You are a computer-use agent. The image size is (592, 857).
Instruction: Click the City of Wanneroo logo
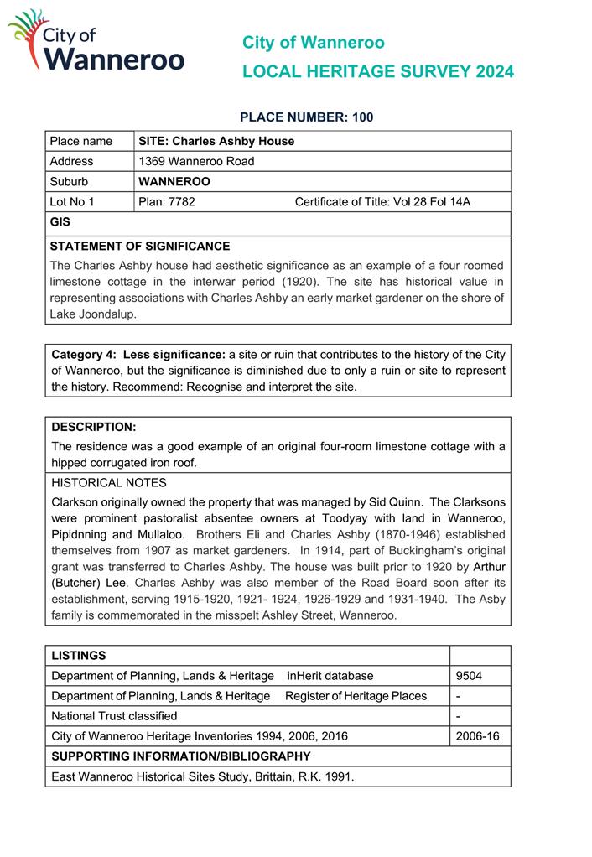(96, 42)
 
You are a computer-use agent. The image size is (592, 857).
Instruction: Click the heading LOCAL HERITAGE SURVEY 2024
(377, 72)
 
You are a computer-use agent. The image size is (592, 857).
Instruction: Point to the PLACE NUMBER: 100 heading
(306, 117)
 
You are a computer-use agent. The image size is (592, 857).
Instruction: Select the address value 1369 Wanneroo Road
(196, 161)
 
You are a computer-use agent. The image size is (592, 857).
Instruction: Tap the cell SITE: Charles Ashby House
(216, 141)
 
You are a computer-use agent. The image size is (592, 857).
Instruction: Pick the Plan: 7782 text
(167, 201)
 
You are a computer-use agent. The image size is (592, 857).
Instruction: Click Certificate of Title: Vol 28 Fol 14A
(382, 201)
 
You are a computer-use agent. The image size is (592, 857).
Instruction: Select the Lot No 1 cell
(72, 201)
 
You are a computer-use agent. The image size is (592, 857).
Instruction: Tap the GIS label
(60, 222)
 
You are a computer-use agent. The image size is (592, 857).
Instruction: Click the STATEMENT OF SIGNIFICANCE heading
(139, 247)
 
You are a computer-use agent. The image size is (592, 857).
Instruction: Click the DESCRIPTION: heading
(93, 427)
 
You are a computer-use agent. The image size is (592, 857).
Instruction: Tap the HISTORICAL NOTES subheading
(109, 483)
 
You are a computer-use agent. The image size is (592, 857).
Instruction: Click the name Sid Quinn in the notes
(396, 502)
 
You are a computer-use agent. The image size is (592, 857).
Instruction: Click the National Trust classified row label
(114, 716)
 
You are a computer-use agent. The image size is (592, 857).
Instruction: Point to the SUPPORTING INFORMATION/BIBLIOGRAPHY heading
(181, 756)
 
